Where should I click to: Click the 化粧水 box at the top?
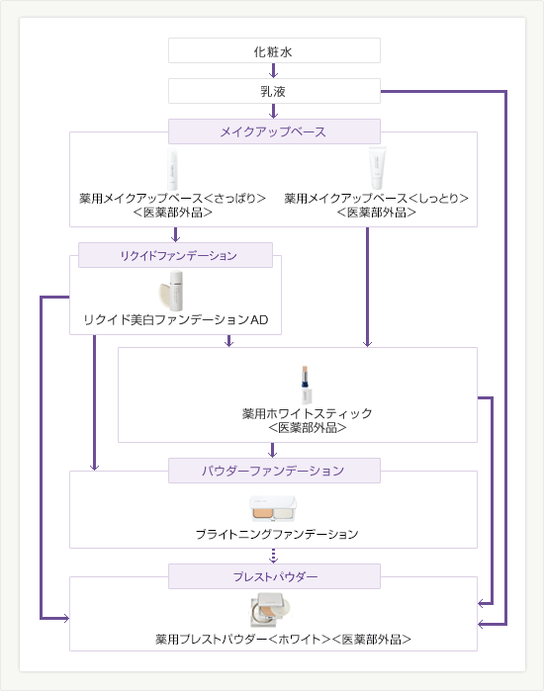pyautogui.click(x=274, y=50)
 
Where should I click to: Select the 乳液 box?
pyautogui.click(x=274, y=91)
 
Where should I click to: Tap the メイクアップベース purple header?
pyautogui.click(x=274, y=131)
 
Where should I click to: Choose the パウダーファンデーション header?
pyautogui.click(x=274, y=471)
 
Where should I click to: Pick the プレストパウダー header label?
pyautogui.click(x=275, y=576)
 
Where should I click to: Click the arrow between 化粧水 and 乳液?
pyautogui.click(x=273, y=70)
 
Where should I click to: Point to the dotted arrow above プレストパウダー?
pyautogui.click(x=273, y=556)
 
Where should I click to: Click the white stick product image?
pyautogui.click(x=307, y=385)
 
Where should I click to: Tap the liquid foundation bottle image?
pyautogui.click(x=172, y=291)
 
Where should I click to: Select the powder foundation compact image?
pyautogui.click(x=273, y=508)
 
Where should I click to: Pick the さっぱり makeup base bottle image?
pyautogui.click(x=172, y=169)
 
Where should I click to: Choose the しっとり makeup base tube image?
pyautogui.click(x=378, y=168)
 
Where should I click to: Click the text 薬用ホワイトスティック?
pyautogui.click(x=308, y=413)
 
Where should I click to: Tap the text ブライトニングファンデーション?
pyautogui.click(x=277, y=534)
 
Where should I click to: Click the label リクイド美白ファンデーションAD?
pyautogui.click(x=176, y=319)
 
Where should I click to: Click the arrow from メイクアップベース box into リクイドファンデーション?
pyautogui.click(x=175, y=235)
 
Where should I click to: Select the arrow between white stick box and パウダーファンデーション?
pyautogui.click(x=272, y=450)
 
